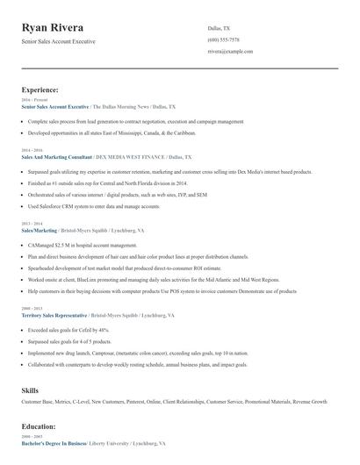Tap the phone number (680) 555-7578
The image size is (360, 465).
224,40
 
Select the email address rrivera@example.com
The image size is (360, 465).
230,52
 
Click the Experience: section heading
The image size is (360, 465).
40,89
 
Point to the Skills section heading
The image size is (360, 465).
31,389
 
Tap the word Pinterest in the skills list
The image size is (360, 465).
135,401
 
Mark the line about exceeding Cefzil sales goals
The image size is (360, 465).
68,329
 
